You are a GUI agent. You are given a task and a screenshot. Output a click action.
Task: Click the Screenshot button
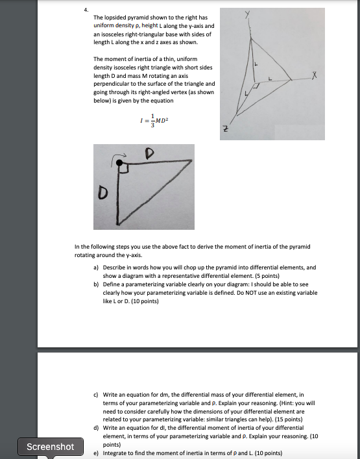point(50,447)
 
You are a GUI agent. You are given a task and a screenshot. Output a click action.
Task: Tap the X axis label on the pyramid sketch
point(313,77)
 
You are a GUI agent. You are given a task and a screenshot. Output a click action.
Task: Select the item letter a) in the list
point(97,267)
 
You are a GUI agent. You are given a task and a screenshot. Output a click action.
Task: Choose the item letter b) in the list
point(97,284)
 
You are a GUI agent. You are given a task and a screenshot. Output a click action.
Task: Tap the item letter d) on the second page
point(97,428)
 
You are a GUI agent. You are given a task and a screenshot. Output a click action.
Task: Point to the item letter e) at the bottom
point(97,453)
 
